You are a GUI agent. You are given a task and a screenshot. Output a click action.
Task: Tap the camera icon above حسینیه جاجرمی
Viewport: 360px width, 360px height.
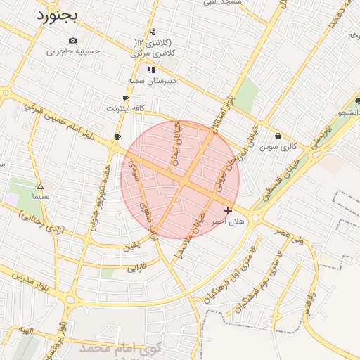[73, 41]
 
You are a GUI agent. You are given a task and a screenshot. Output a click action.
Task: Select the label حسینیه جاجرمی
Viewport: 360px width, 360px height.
[73, 51]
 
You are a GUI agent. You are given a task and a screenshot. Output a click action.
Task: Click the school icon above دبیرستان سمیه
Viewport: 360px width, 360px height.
[150, 70]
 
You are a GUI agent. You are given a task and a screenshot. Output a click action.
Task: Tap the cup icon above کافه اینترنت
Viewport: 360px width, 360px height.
[125, 98]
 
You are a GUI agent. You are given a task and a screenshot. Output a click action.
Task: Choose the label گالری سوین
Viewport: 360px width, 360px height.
[278, 147]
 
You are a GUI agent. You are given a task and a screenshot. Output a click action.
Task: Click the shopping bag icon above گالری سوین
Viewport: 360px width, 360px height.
[278, 136]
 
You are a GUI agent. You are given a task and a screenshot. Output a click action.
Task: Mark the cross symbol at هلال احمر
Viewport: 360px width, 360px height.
[228, 210]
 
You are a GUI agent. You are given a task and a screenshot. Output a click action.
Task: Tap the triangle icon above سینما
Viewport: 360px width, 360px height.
[40, 187]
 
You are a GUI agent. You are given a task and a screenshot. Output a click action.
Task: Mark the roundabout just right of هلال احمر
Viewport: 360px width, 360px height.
[256, 218]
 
